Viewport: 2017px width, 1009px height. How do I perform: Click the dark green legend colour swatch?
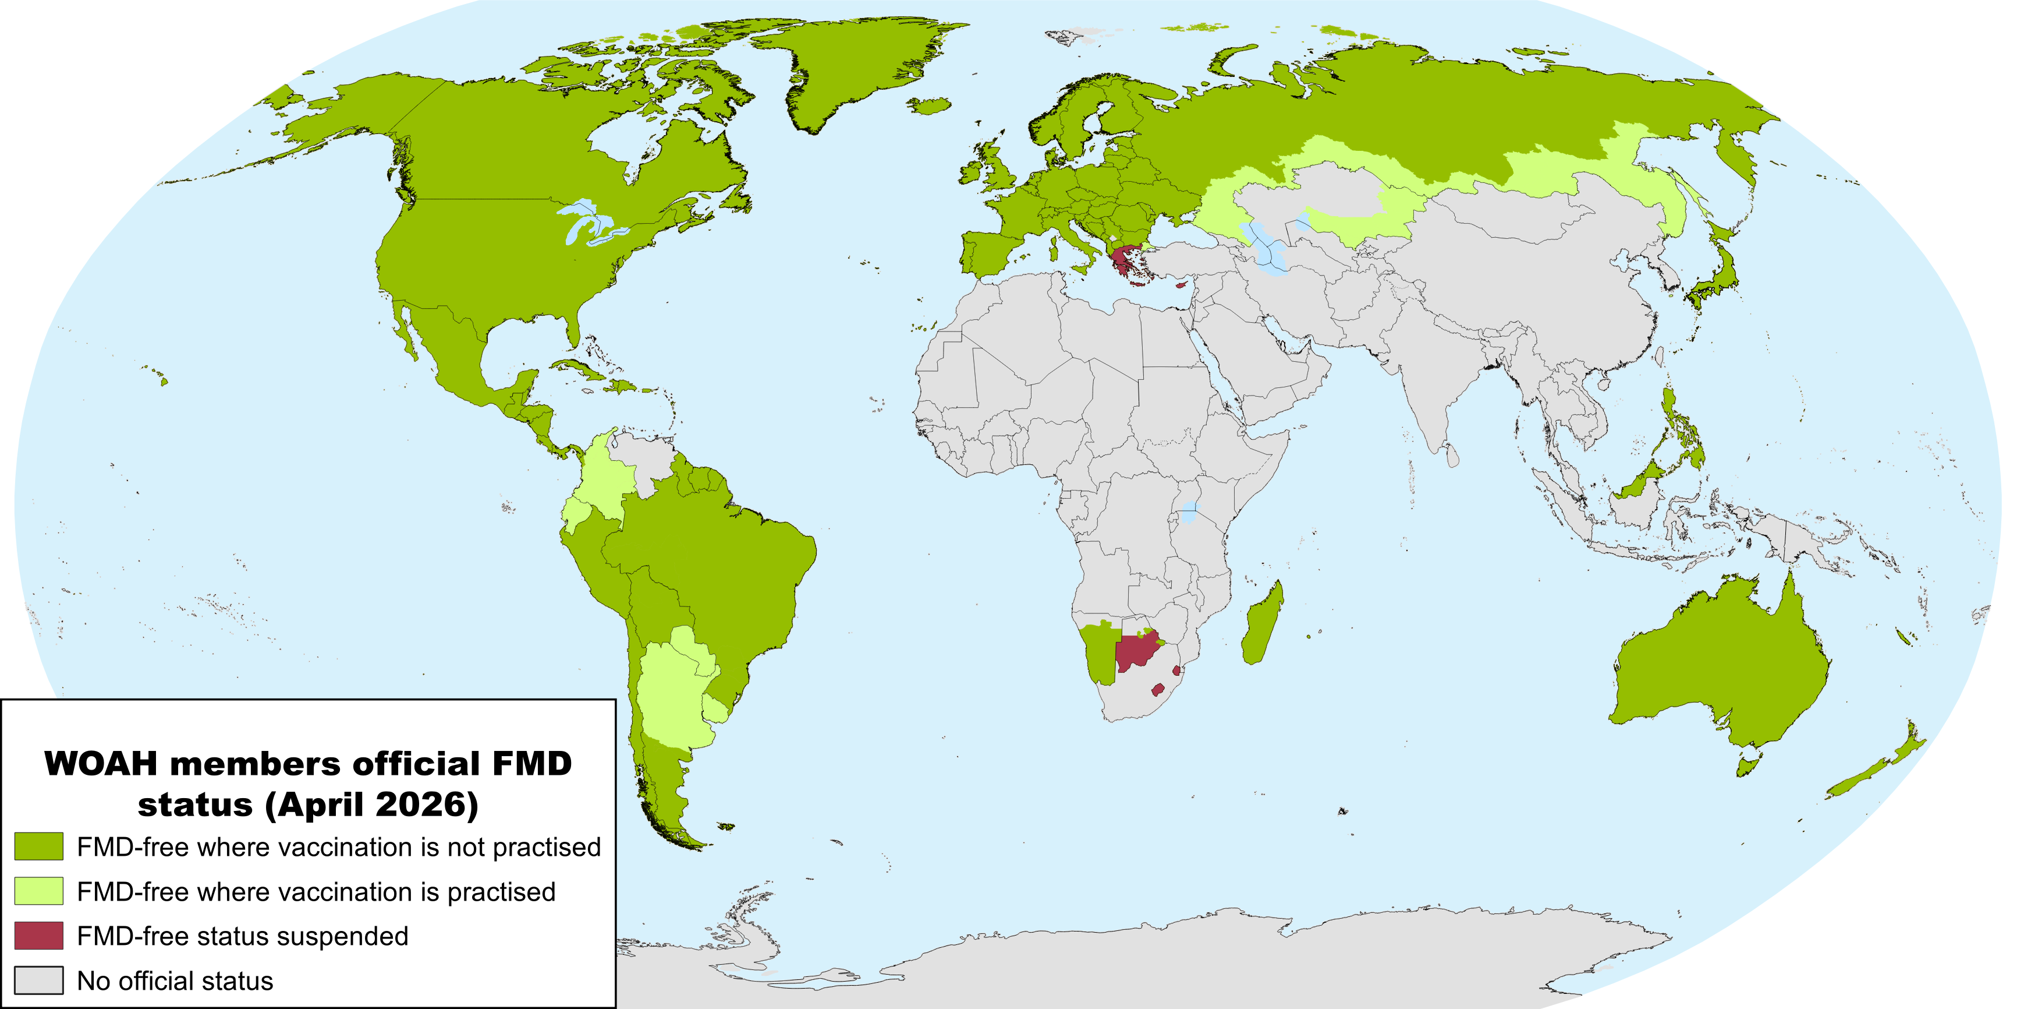coord(38,846)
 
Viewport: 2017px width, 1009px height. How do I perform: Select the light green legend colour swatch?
coord(38,891)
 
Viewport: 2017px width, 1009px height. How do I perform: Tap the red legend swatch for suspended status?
coord(38,936)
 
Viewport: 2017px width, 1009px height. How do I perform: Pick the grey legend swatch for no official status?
coord(38,980)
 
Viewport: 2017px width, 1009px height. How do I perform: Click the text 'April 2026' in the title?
coord(371,805)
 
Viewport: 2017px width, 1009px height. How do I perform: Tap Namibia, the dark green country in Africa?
coord(1100,654)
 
